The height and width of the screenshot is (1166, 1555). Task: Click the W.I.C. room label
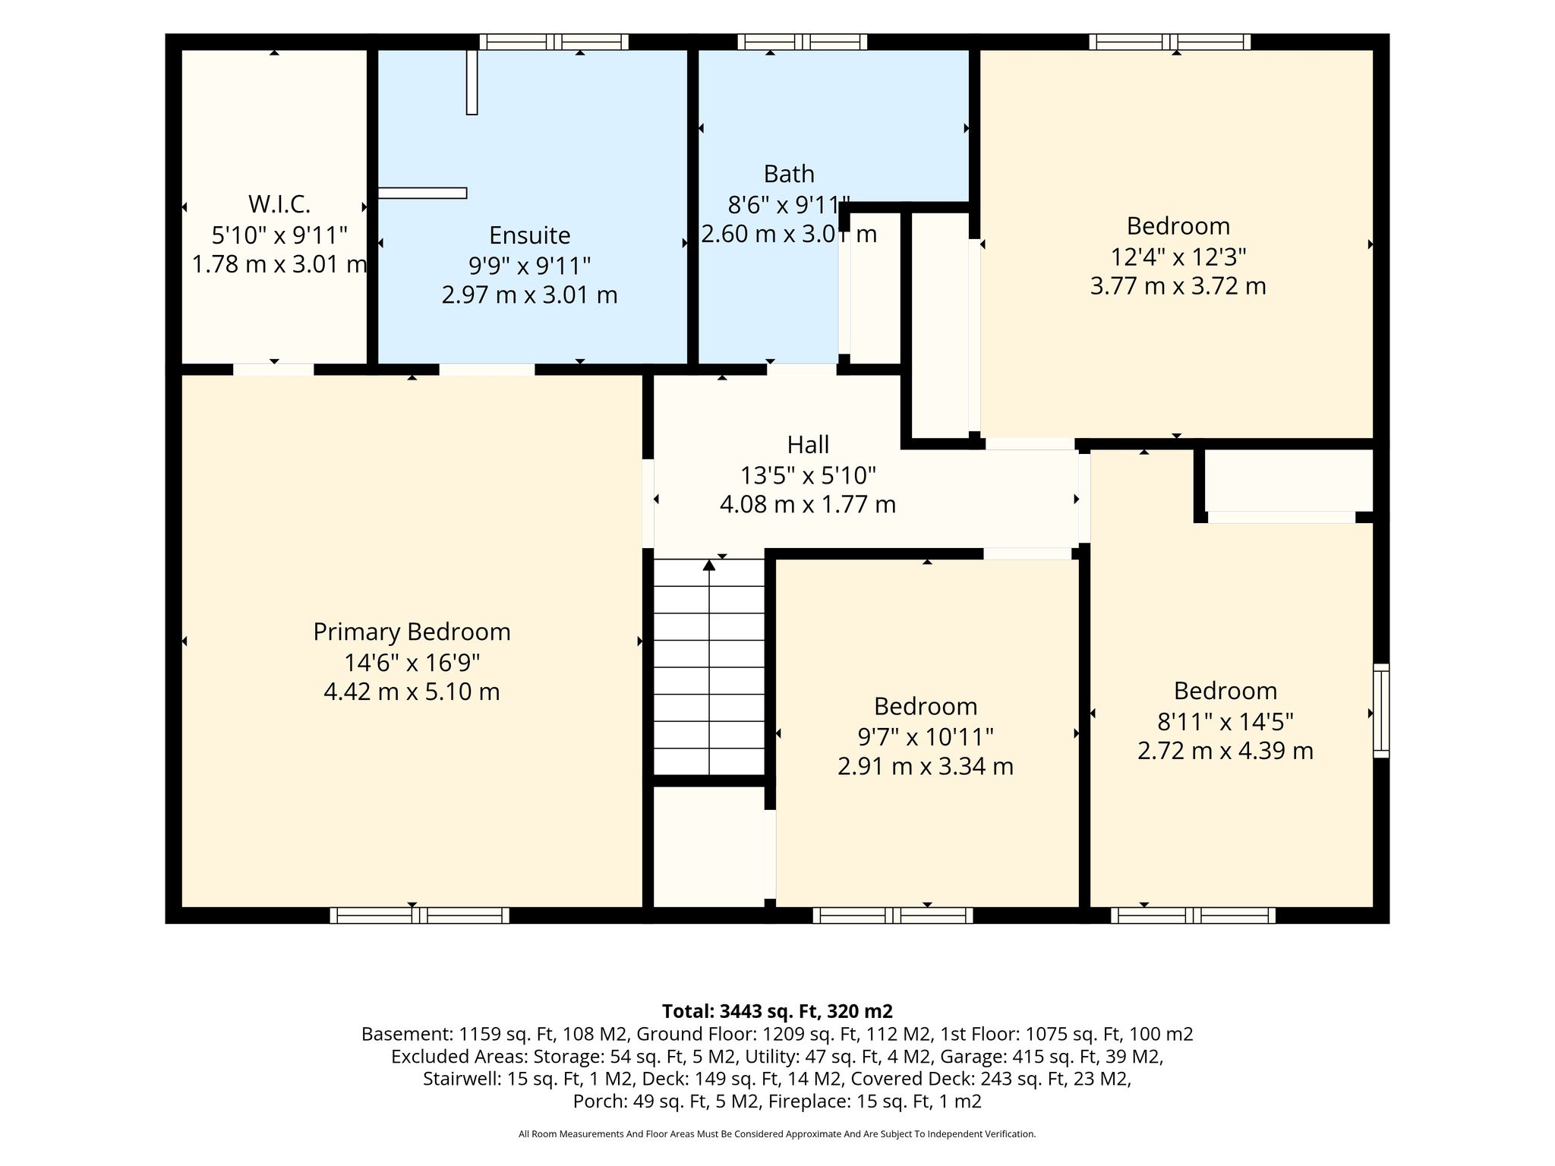coord(279,204)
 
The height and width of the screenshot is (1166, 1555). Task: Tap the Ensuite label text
coord(529,235)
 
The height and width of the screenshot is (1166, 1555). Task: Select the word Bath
coord(789,174)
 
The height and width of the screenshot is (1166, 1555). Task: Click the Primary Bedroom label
coord(412,632)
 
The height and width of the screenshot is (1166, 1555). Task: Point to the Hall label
coord(808,444)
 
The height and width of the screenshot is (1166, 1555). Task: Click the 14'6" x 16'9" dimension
coord(412,663)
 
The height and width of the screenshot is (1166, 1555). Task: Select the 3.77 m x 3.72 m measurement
coord(1178,286)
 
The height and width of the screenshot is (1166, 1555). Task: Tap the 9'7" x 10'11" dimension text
coord(926,736)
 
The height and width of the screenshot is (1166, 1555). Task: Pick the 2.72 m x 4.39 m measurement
coord(1225,751)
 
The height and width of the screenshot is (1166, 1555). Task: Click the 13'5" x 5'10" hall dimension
coord(808,475)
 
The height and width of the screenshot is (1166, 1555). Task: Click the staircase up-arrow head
coord(709,565)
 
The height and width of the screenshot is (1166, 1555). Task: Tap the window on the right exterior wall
coord(1381,711)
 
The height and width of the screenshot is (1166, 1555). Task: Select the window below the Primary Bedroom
coord(419,915)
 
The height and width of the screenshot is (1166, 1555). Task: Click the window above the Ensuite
coord(554,42)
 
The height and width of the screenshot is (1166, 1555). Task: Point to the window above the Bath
coord(802,42)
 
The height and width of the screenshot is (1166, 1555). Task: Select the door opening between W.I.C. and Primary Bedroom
coord(273,370)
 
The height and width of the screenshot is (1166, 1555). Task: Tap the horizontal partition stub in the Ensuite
coord(422,193)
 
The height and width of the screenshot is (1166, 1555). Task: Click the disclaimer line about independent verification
coord(777,1134)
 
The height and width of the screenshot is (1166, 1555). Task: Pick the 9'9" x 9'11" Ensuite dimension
coord(529,266)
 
